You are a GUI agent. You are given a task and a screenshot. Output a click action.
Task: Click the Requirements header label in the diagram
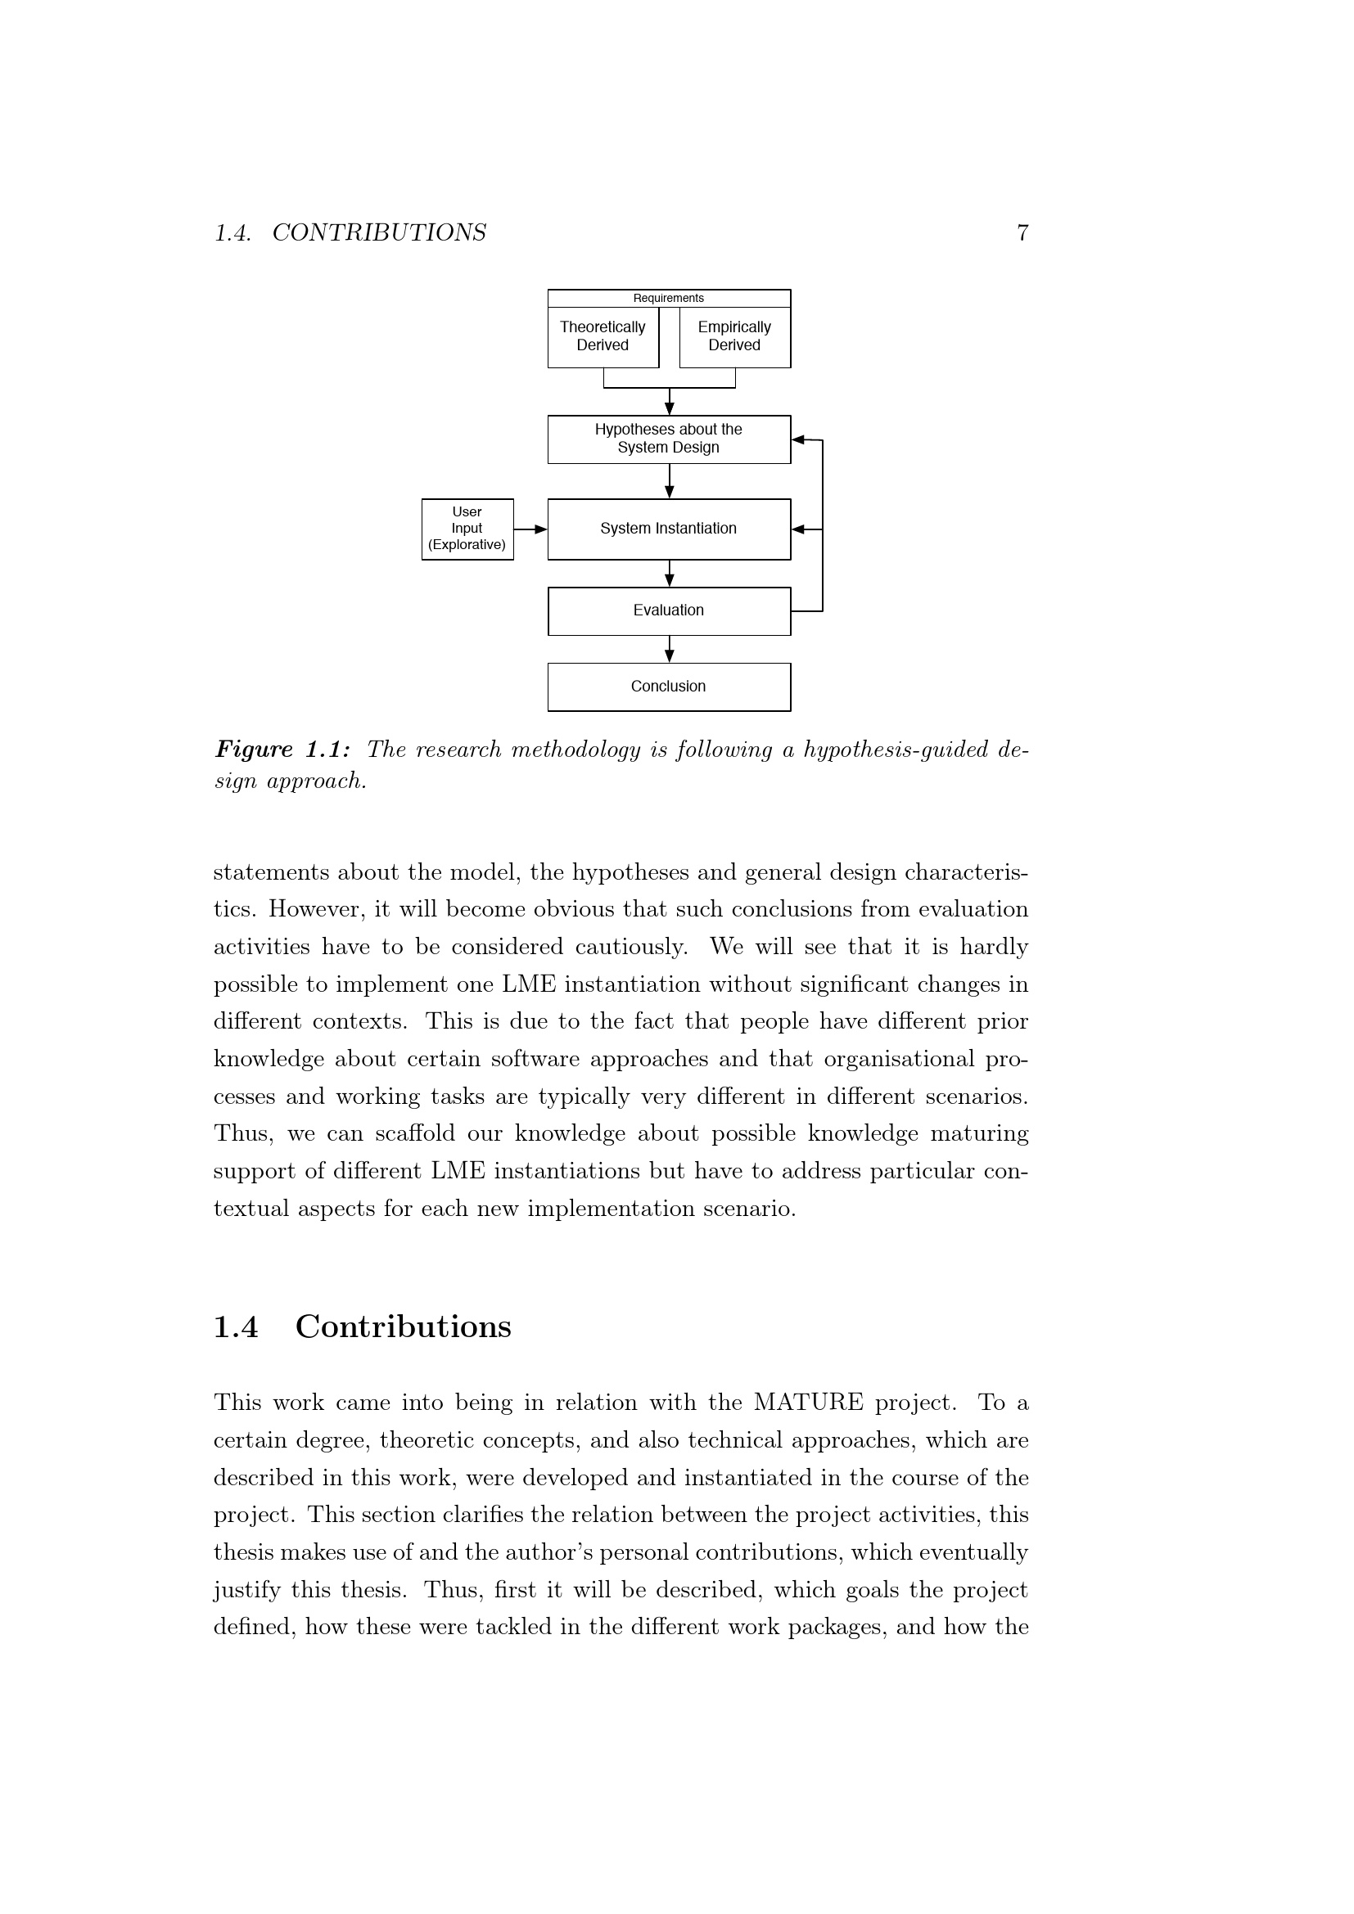(668, 299)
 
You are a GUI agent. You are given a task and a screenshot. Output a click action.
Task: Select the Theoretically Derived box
(603, 337)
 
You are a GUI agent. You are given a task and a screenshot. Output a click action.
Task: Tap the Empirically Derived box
(734, 337)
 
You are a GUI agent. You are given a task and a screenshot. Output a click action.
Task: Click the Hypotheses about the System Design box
(669, 439)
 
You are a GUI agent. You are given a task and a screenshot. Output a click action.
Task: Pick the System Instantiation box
(669, 529)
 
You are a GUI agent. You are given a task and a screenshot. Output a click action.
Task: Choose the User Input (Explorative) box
(467, 529)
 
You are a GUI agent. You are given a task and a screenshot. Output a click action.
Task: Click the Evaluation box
(669, 611)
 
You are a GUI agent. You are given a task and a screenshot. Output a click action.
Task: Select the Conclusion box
(669, 687)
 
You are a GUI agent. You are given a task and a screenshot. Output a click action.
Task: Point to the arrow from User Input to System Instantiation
(530, 529)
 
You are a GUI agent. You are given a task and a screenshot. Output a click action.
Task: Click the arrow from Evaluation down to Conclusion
(670, 650)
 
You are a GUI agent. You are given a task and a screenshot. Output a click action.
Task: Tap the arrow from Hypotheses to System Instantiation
(670, 481)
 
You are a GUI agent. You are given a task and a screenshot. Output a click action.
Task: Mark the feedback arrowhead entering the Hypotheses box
(799, 439)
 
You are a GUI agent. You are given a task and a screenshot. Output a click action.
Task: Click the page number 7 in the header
(1022, 232)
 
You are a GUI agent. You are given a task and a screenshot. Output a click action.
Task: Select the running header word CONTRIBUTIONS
(379, 232)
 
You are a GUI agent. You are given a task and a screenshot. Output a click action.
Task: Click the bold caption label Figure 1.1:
(282, 750)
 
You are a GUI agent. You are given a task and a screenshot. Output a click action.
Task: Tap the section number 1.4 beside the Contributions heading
(236, 1326)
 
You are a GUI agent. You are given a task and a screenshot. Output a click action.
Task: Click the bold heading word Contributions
(404, 1326)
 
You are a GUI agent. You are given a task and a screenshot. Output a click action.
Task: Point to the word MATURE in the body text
(808, 1403)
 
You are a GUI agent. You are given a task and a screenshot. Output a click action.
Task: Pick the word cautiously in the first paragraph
(631, 947)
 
